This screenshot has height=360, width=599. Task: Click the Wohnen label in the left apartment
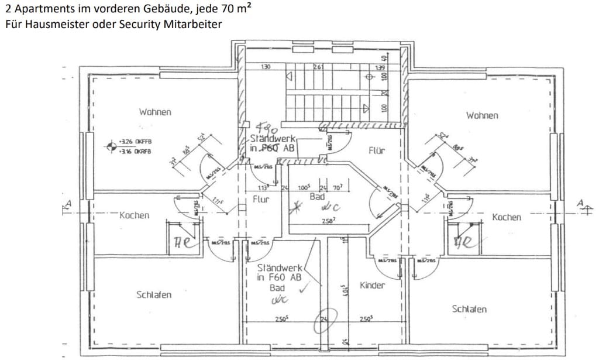coord(155,112)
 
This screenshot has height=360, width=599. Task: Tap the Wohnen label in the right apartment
coord(482,115)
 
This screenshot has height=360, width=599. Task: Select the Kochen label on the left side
coord(134,215)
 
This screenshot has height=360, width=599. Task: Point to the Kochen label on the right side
coord(506,217)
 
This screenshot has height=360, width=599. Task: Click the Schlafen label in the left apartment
coord(154,294)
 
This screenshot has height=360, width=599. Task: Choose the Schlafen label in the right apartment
coord(469,308)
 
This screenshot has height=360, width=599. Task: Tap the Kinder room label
coord(373,285)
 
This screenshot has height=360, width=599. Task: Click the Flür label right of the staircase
coord(377,150)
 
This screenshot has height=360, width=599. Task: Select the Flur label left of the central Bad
coord(260,199)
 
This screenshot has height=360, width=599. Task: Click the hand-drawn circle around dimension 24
coord(322,320)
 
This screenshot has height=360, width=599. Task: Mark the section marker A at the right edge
coord(581,204)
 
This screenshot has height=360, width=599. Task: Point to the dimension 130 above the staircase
coord(266,67)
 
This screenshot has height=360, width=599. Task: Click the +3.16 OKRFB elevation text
coord(135,151)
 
